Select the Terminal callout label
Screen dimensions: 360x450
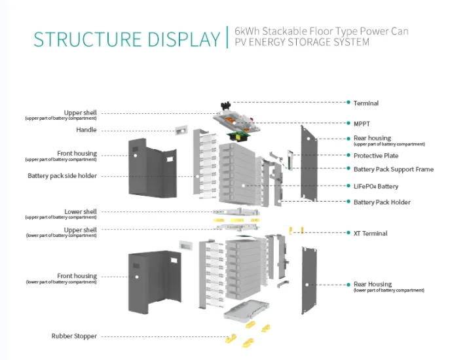click(x=366, y=103)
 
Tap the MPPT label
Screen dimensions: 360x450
click(x=362, y=122)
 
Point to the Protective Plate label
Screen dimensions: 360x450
click(x=376, y=156)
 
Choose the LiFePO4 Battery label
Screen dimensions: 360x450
click(x=376, y=186)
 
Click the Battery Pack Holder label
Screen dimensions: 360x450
click(x=382, y=202)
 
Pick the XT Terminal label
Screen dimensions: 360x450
click(x=370, y=233)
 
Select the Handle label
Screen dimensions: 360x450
click(x=86, y=130)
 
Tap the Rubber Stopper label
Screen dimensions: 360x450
click(x=74, y=336)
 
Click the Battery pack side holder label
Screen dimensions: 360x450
click(x=62, y=175)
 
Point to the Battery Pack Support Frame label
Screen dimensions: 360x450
click(x=393, y=170)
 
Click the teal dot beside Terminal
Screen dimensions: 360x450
click(x=348, y=103)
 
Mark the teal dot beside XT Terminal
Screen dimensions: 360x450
click(x=348, y=233)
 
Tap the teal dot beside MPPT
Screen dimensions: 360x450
click(x=348, y=122)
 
